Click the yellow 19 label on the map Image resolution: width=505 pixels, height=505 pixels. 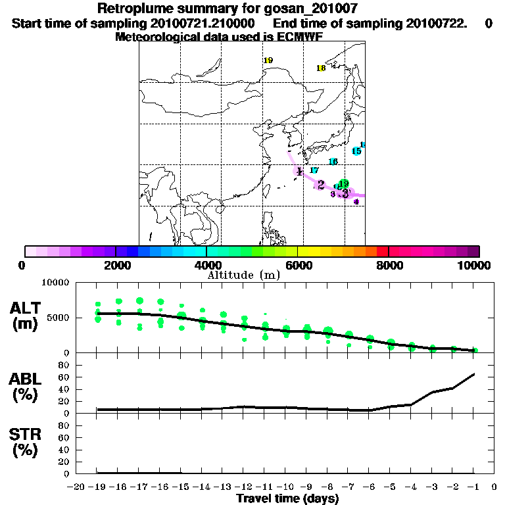pyautogui.click(x=268, y=60)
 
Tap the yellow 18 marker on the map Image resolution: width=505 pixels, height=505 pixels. pyautogui.click(x=321, y=68)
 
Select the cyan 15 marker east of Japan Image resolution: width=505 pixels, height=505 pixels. pyautogui.click(x=356, y=151)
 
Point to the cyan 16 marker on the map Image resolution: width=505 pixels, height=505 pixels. pyautogui.click(x=333, y=162)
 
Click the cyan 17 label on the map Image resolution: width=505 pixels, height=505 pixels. pyautogui.click(x=314, y=170)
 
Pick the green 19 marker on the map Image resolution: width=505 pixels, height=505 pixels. pyautogui.click(x=343, y=183)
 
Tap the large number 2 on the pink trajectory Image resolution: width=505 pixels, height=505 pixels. pyautogui.click(x=321, y=185)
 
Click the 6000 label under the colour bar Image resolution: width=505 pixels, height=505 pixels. pyautogui.click(x=298, y=265)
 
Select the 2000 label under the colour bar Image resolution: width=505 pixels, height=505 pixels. pyautogui.click(x=116, y=265)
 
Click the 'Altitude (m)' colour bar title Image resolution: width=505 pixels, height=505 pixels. pyautogui.click(x=244, y=274)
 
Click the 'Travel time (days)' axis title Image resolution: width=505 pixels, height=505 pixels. pyautogui.click(x=287, y=498)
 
